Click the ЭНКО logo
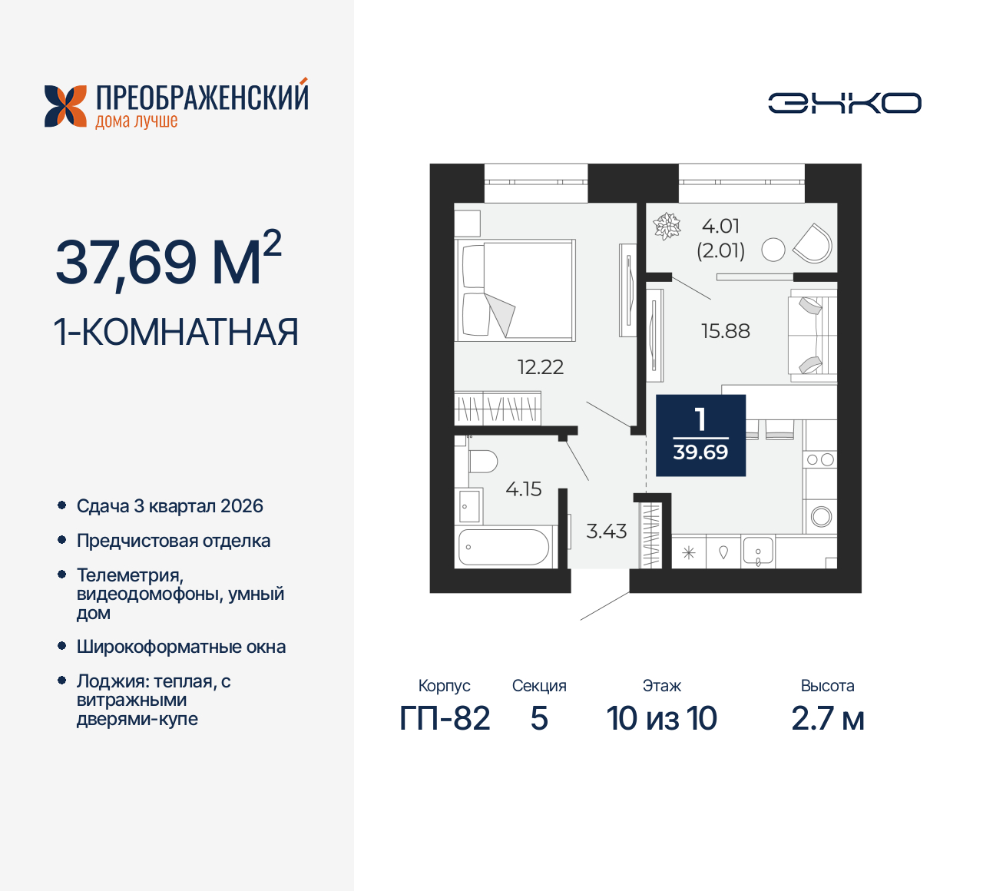845,103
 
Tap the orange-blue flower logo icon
65,106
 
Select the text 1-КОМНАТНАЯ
176,333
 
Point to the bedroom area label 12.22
540,367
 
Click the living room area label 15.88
725,331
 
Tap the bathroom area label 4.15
523,489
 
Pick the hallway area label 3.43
606,532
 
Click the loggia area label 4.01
720,226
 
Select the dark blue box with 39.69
700,436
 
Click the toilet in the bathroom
482,462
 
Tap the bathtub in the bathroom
504,547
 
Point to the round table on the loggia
773,250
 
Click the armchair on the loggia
813,243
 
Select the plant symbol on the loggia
667,227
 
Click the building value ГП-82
445,719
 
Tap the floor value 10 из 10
661,719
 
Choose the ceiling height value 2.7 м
827,719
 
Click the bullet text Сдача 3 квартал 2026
170,506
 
